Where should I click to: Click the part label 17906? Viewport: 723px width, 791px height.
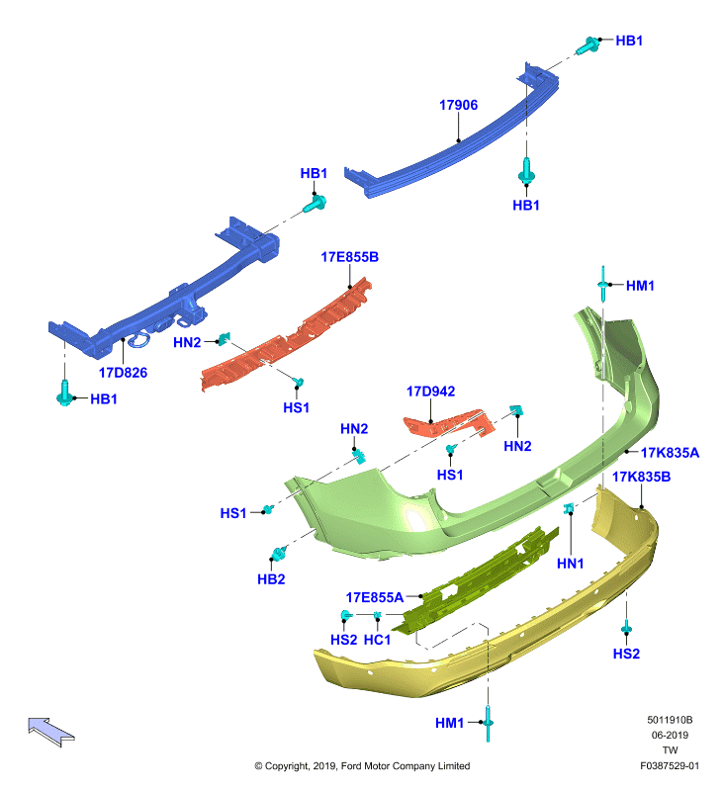(458, 105)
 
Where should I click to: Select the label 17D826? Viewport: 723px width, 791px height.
(123, 373)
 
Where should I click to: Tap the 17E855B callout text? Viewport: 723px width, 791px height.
(350, 257)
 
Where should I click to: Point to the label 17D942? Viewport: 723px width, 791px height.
(431, 391)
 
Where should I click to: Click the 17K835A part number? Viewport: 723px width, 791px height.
(670, 453)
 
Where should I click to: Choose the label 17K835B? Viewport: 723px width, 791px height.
(641, 477)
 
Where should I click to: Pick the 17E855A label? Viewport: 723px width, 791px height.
(375, 597)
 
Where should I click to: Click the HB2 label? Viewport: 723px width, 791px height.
(271, 579)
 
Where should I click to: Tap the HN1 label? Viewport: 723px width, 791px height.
(570, 564)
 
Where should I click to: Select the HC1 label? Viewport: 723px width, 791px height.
(378, 640)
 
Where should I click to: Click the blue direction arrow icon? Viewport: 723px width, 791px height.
(51, 731)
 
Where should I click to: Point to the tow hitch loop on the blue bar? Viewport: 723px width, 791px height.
(138, 340)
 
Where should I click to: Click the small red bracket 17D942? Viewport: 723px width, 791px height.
(449, 423)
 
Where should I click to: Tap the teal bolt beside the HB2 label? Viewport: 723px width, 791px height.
(279, 553)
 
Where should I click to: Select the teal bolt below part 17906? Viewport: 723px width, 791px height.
(526, 171)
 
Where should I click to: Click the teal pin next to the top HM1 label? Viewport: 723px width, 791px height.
(602, 284)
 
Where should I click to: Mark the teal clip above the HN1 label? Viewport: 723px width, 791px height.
(569, 508)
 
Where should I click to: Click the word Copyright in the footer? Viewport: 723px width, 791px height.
(287, 765)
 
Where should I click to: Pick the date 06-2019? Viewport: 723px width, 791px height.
(670, 735)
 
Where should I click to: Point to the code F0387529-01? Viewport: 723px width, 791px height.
(670, 765)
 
